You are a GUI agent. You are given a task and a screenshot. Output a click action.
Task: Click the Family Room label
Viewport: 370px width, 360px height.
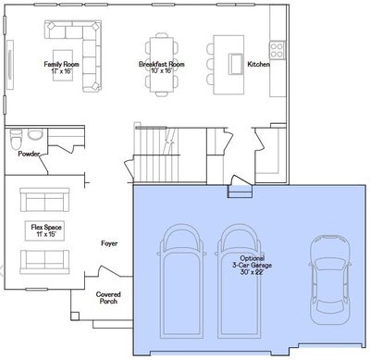point(61,64)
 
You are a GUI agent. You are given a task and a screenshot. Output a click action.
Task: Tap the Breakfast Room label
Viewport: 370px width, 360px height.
point(161,64)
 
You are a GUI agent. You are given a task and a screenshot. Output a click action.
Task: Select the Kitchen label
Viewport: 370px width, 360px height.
point(258,64)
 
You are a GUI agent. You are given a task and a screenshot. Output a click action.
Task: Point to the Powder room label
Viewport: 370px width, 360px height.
point(29,154)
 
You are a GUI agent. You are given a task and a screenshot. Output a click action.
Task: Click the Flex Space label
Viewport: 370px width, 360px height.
point(46,228)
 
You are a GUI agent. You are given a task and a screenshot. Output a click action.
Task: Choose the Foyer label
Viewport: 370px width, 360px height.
point(109,243)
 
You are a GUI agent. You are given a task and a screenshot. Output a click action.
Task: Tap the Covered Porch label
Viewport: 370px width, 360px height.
point(108,298)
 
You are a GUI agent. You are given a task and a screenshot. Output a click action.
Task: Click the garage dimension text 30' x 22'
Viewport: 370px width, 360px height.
point(252,272)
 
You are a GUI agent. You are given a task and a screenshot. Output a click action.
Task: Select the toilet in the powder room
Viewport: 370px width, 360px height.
point(16,139)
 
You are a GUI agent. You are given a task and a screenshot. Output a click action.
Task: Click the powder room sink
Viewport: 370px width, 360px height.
point(35,134)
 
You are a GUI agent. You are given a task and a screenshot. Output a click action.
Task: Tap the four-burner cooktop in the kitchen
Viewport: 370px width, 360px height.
point(277,50)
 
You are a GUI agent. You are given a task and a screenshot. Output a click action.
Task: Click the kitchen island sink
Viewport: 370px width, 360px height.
point(236,64)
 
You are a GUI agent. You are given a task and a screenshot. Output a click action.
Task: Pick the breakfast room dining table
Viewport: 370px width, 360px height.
point(162,65)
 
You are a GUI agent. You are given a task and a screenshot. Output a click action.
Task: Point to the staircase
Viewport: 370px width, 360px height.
point(156,155)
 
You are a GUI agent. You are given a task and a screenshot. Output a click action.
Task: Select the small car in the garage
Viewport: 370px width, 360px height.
point(329,279)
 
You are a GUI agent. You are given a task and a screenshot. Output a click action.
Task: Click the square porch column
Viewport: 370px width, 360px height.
point(75,316)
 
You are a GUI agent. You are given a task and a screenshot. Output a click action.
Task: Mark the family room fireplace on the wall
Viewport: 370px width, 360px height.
point(10,65)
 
